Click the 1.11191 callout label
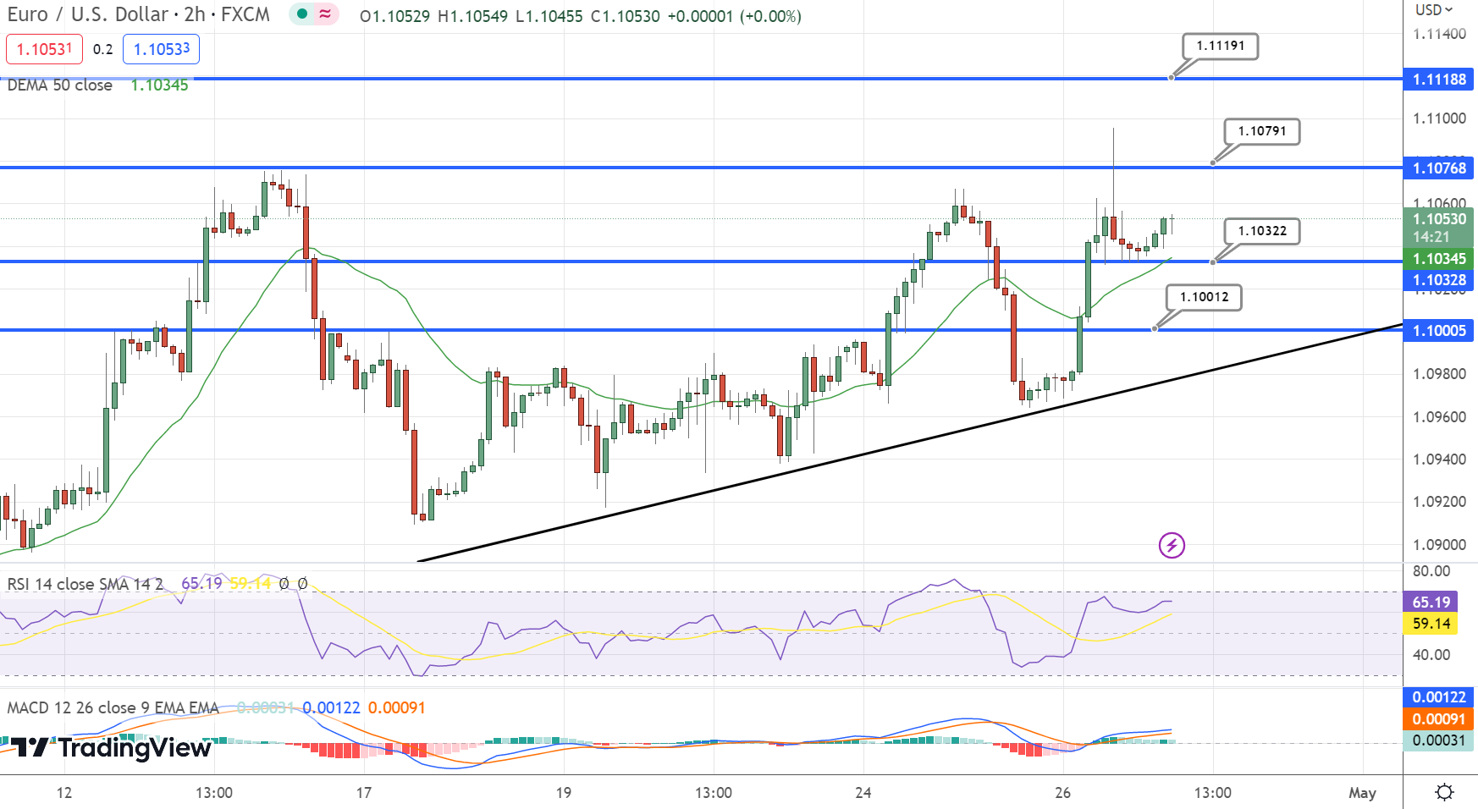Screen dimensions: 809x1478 [x=1220, y=46]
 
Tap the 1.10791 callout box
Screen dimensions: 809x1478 [x=1261, y=131]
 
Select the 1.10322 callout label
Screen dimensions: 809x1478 [x=1261, y=231]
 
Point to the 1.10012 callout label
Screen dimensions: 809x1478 [x=1204, y=297]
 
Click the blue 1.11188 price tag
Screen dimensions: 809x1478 [x=1438, y=80]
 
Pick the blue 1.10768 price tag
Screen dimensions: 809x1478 [x=1438, y=168]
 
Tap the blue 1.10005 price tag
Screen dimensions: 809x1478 [x=1438, y=331]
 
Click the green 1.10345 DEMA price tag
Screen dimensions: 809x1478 [x=1438, y=259]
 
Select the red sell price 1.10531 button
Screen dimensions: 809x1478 [x=44, y=49]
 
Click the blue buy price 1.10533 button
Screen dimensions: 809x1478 [x=161, y=49]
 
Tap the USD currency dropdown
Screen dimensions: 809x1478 [x=1433, y=10]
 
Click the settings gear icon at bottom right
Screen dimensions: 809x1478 [x=1444, y=792]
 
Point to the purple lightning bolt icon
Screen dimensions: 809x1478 [x=1172, y=545]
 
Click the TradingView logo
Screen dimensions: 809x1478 [x=110, y=747]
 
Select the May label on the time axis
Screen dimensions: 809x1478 [x=1361, y=793]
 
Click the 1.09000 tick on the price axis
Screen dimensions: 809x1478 [x=1439, y=545]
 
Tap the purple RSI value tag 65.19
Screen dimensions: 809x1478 [x=1431, y=603]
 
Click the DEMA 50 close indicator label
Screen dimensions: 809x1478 [x=60, y=85]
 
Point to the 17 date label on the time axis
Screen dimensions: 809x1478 [x=364, y=793]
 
